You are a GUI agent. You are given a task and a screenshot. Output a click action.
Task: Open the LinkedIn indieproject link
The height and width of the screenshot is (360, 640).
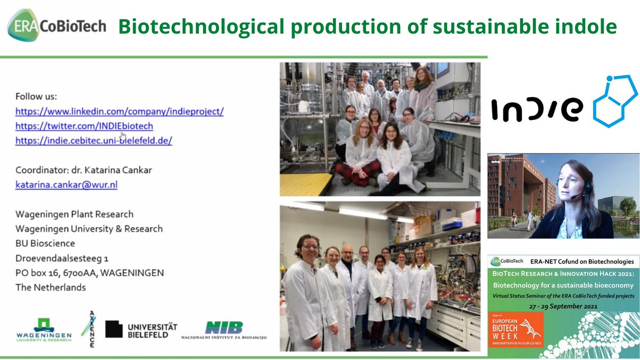point(119,111)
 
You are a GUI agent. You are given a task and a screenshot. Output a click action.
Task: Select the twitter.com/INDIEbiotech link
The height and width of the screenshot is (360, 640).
point(84,126)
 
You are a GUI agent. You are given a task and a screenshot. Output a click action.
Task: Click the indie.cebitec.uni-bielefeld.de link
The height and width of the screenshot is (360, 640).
point(93,141)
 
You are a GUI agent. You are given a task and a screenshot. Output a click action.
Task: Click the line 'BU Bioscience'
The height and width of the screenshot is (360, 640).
point(45,243)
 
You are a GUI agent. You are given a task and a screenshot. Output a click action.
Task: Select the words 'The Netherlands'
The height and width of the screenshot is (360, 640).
point(50,287)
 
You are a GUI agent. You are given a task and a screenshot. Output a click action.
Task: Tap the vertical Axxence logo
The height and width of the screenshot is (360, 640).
point(89,329)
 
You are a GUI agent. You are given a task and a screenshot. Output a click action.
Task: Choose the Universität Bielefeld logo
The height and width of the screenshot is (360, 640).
point(141,330)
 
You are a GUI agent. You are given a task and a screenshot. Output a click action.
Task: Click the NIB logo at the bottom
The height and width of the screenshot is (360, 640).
point(223,330)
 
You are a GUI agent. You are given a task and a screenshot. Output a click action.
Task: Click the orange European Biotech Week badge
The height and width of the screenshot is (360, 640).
point(515,330)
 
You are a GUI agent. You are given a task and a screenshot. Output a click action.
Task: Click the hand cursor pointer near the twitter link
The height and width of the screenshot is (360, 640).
point(124,134)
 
